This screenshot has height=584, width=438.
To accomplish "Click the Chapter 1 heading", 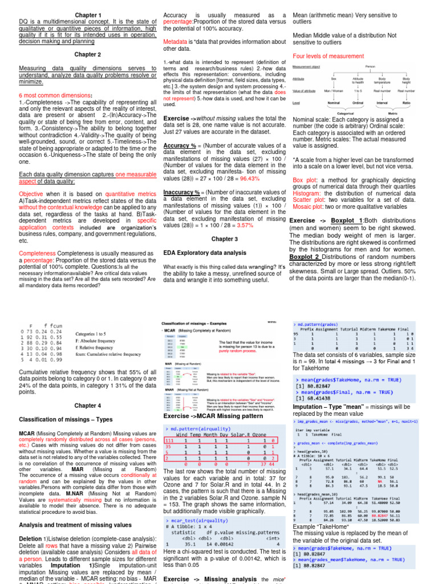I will [88, 15].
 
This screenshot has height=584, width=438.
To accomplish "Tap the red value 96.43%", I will [257, 179].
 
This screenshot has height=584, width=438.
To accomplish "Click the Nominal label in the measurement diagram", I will [334, 103].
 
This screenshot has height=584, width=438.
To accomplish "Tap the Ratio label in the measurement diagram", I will [406, 103].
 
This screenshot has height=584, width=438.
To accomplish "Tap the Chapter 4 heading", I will [88, 405].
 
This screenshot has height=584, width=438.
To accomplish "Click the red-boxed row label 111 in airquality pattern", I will [169, 441].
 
